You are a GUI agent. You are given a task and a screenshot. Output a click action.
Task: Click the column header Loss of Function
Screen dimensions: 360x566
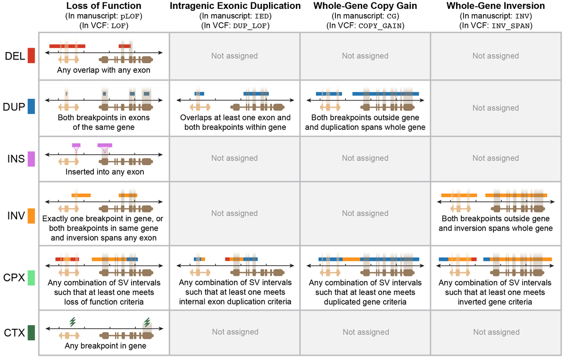(104, 6)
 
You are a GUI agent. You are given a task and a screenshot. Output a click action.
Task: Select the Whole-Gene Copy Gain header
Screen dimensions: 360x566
(365, 6)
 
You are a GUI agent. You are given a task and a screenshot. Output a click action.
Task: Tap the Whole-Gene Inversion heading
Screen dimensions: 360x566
(496, 6)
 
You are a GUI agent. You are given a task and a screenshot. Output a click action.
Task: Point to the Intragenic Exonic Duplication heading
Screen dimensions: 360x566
(234, 6)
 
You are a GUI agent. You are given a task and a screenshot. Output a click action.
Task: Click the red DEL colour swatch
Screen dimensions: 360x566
(32, 56)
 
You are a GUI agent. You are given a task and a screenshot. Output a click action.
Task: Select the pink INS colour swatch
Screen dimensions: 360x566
(32, 159)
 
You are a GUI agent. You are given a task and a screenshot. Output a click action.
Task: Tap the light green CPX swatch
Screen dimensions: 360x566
(32, 277)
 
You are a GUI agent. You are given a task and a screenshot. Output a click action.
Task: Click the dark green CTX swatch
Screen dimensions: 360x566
(32, 333)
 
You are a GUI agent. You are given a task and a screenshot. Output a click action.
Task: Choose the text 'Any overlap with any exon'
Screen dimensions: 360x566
(104, 70)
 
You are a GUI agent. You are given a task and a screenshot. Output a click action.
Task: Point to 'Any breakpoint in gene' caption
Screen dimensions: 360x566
(104, 346)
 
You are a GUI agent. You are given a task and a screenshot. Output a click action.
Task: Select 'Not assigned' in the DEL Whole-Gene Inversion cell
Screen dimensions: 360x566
(496, 56)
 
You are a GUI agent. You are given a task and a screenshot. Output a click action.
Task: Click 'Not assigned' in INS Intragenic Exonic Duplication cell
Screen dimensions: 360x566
(234, 158)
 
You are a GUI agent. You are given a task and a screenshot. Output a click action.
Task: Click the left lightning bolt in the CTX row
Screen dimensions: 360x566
(73, 322)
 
